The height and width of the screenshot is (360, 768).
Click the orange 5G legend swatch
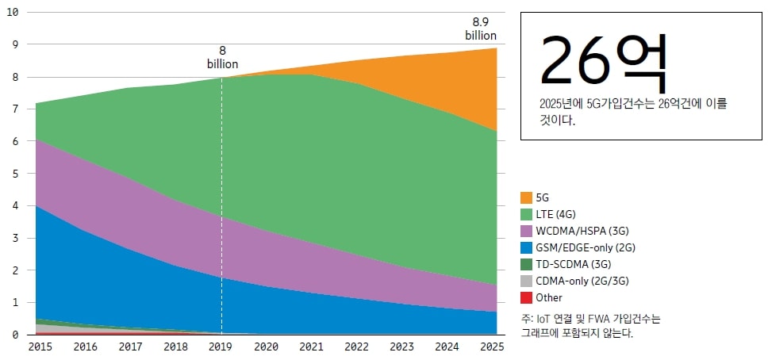pyautogui.click(x=527, y=197)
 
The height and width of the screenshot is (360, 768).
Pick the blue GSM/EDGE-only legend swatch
pyautogui.click(x=527, y=247)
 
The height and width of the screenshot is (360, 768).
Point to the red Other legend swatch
pyautogui.click(x=527, y=297)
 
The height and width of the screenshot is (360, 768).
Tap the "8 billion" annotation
pyautogui.click(x=222, y=57)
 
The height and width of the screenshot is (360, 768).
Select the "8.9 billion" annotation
pyautogui.click(x=481, y=29)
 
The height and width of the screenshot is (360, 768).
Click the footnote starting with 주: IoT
pyautogui.click(x=590, y=326)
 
